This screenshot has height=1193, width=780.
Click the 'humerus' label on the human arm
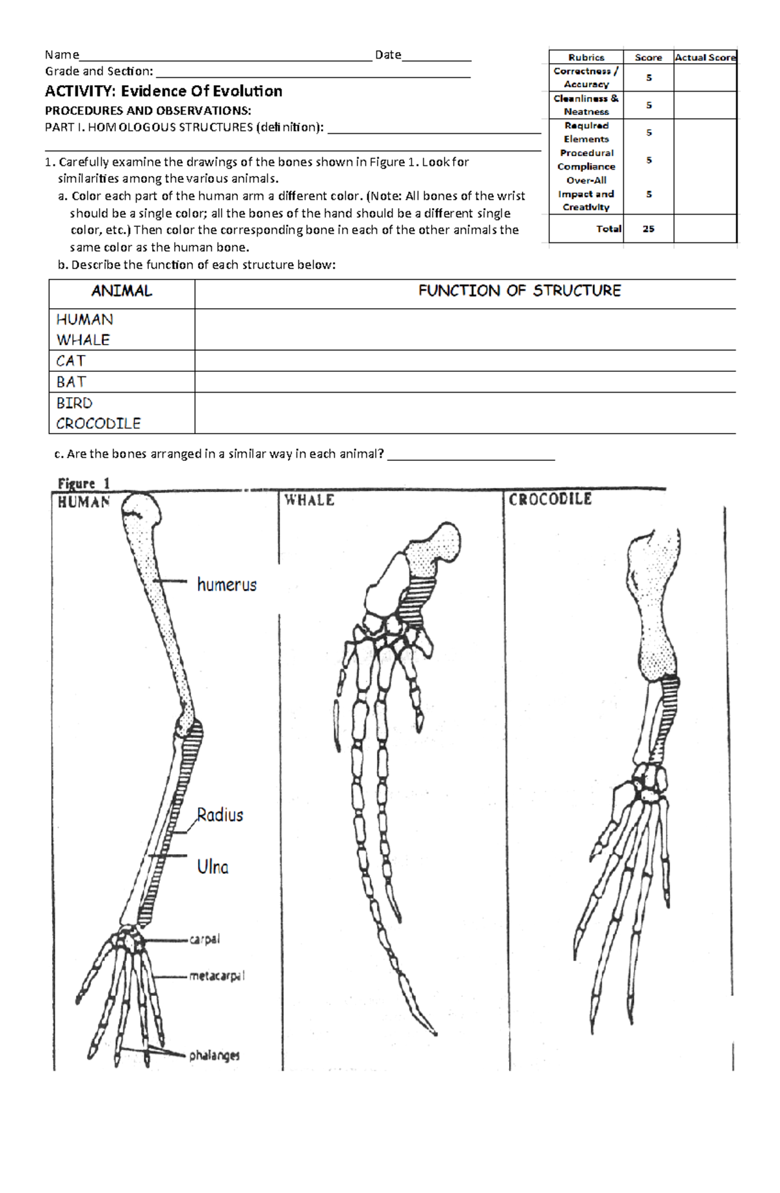pos(226,585)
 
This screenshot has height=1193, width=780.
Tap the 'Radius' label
pos(220,815)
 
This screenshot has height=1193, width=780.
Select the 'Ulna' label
pos(213,867)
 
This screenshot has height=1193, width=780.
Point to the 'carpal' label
pos(205,939)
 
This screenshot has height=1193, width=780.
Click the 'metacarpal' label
pos(216,976)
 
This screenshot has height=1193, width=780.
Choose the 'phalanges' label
pos(214,1055)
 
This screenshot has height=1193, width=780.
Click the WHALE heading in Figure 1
pos(309,500)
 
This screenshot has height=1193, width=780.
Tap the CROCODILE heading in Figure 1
pos(550,499)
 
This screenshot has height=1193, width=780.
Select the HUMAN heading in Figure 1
pos(84,502)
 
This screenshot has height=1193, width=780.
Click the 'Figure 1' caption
pos(84,484)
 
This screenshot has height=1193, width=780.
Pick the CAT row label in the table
pos(71,361)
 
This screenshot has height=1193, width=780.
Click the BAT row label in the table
pos(71,382)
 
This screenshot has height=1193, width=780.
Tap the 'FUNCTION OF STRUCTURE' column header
pos(519,291)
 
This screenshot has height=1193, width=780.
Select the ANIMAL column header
pos(122,291)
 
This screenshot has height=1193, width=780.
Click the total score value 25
pos(648,229)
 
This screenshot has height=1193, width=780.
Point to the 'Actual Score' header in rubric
pos(705,57)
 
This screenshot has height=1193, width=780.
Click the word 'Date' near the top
pos(388,55)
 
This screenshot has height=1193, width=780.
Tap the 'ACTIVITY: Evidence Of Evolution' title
pos(163,91)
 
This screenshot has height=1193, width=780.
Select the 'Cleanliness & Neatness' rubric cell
pos(586,105)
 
